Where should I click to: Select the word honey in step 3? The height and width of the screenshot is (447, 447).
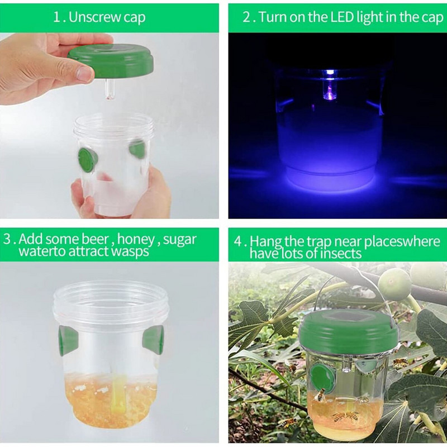coord(135,239)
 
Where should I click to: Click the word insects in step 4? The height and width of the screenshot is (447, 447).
coord(341,254)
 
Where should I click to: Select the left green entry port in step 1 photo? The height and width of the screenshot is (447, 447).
coord(88,160)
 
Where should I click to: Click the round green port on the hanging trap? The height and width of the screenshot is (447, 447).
coord(323,376)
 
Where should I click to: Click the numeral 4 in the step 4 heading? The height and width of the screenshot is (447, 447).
coord(238,241)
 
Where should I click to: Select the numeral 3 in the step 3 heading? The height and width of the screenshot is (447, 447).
coord(7,239)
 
